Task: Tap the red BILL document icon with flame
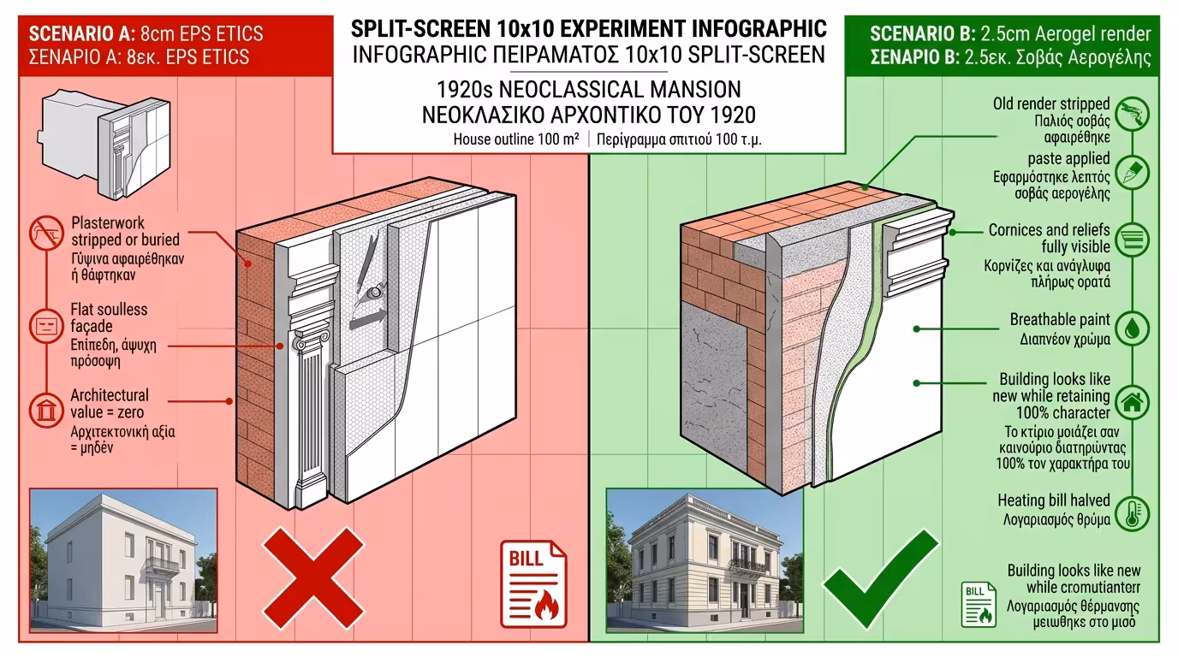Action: point(532,581)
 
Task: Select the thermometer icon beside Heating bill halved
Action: point(1133,513)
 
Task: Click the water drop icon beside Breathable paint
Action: point(1133,328)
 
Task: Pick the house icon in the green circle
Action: point(1133,400)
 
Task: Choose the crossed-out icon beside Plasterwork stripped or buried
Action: point(46,234)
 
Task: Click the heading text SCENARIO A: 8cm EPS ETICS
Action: point(146,34)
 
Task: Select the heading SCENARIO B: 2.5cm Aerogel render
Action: point(1009,34)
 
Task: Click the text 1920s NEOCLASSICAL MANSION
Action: point(588,90)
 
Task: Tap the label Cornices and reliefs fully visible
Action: point(1049,239)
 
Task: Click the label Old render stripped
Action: point(1051,104)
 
